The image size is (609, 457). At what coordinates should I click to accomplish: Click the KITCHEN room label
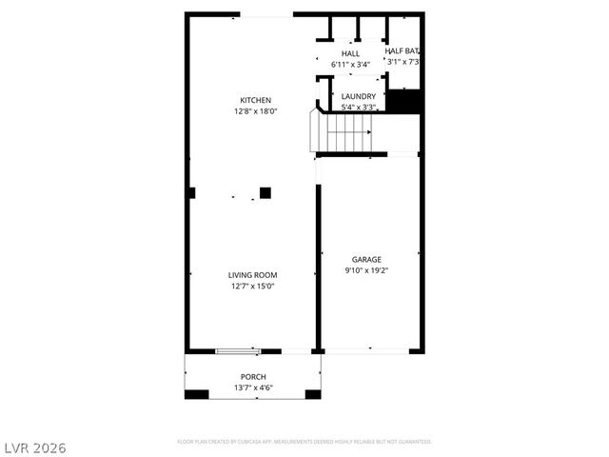point(255,100)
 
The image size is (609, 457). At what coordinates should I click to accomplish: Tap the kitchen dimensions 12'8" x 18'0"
point(255,111)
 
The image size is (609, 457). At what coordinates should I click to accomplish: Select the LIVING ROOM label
point(252,275)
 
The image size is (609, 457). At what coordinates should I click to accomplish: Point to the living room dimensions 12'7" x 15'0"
point(252,287)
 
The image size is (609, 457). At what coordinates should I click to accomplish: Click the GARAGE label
point(366,259)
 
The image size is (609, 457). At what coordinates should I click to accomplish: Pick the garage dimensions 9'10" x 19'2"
point(366,270)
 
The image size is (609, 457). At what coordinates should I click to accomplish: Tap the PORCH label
point(253,377)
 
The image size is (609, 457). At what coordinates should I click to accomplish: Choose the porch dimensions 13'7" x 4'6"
point(253,388)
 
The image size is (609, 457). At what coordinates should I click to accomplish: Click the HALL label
point(351,53)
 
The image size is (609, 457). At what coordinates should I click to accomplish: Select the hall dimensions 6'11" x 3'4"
point(351,65)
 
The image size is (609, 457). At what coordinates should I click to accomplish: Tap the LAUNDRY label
point(358,96)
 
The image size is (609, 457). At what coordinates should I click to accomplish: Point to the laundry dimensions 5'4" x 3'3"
point(358,108)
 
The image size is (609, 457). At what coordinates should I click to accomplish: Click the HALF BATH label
point(403,50)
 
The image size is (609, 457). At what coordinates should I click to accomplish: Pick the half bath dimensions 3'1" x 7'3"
point(403,62)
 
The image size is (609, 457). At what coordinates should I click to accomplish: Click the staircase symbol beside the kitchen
point(342,131)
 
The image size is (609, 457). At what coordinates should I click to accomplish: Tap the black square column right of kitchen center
point(265,192)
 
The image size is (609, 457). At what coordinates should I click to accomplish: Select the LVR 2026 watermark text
point(35,447)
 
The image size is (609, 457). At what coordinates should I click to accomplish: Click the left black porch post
point(196,395)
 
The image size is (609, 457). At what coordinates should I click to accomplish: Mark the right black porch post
point(312,395)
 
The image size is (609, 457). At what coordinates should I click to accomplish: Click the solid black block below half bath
point(404,101)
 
